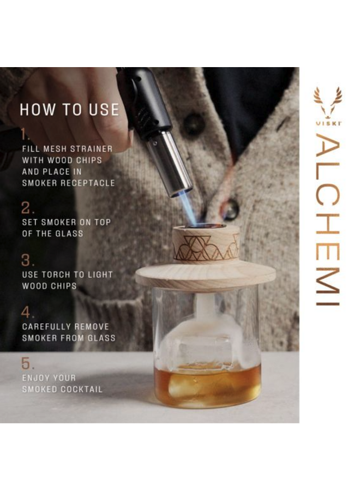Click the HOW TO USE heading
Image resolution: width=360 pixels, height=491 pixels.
pyautogui.click(x=69, y=110)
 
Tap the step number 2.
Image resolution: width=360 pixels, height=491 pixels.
pyautogui.click(x=27, y=208)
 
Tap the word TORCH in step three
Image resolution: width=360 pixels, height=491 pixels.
pyautogui.click(x=58, y=275)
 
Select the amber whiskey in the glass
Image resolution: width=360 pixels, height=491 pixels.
pyautogui.click(x=207, y=385)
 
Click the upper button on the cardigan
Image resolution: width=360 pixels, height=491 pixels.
pyautogui.click(x=194, y=124)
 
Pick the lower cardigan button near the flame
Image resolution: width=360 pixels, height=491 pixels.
pyautogui.click(x=230, y=209)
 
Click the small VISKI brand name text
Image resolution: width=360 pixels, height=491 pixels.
pyautogui.click(x=328, y=123)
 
